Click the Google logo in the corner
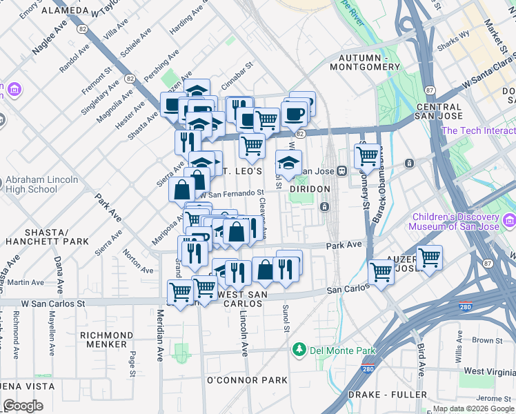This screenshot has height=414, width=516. (23, 406)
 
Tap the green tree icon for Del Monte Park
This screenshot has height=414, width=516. (299, 350)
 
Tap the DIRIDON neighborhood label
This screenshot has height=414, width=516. (310, 189)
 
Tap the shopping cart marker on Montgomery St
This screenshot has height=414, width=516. (368, 156)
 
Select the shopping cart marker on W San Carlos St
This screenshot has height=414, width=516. (181, 292)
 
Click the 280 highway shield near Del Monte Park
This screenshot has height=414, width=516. (365, 370)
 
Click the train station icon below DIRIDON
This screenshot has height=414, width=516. (324, 206)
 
